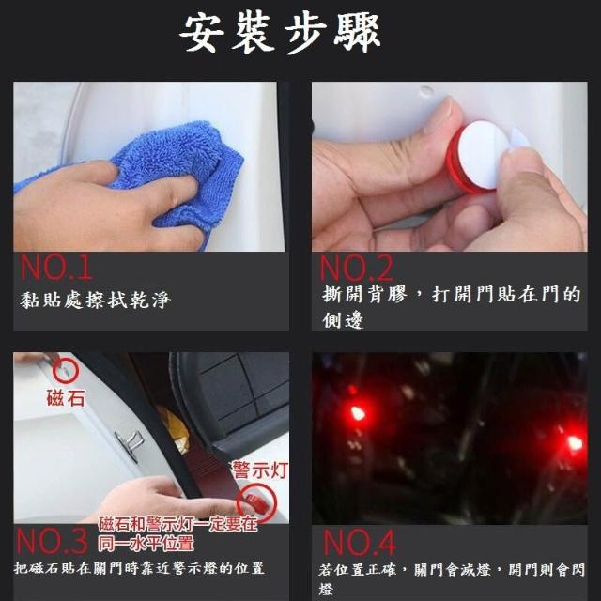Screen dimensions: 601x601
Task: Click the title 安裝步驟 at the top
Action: tap(280, 33)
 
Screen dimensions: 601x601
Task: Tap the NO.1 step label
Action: tap(56, 268)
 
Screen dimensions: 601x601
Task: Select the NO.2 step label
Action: tap(357, 269)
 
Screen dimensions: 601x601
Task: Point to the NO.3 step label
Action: tap(53, 541)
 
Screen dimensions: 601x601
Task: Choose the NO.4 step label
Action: tap(359, 543)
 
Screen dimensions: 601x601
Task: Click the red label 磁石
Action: tap(66, 398)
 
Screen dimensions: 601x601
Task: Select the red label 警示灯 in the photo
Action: tap(261, 470)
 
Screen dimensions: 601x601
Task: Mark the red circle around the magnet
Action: tap(54, 371)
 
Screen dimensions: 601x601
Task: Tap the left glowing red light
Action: tap(357, 413)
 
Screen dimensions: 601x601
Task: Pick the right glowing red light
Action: tap(574, 442)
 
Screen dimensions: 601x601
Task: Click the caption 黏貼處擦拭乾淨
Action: tap(95, 300)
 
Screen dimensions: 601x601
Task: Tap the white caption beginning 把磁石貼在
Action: tap(139, 567)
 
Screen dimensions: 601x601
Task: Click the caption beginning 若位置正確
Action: tap(452, 579)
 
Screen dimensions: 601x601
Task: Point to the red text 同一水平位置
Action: tap(146, 544)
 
